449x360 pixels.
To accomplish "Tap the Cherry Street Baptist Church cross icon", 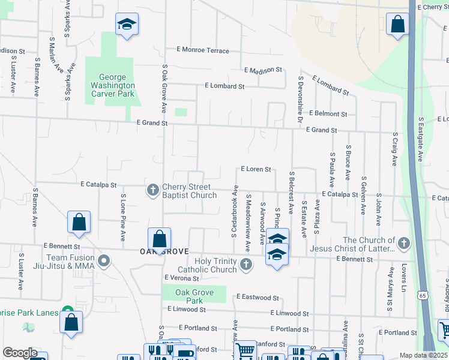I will pos(152,191).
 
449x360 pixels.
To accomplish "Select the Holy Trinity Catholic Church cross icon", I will pos(246,264).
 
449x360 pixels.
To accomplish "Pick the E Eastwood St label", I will pos(258,297).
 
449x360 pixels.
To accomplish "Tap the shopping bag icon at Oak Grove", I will pos(159,239).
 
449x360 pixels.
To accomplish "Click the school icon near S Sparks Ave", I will pos(127,25).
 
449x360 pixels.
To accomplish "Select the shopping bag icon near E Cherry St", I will pos(397,25).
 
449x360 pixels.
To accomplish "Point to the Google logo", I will pos(20,353).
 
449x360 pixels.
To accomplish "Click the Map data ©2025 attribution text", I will pos(424,355).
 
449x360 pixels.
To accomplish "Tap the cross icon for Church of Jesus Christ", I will pos(404,244).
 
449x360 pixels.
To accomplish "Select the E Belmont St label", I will pos(328,113).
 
